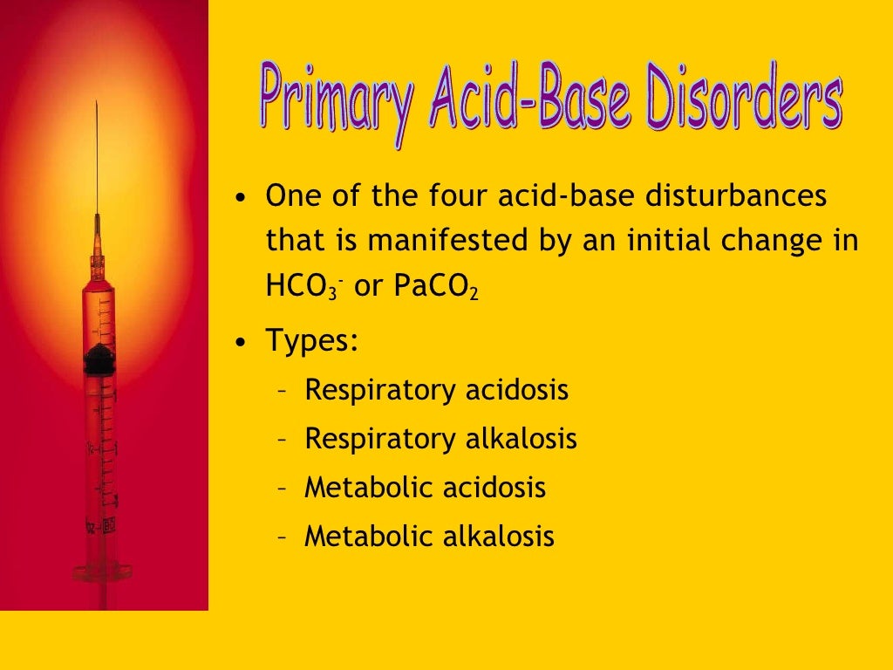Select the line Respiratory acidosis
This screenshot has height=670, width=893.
click(436, 390)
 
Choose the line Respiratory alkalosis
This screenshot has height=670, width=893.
click(440, 439)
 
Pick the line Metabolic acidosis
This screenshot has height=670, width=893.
click(425, 488)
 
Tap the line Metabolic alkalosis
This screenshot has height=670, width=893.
click(429, 537)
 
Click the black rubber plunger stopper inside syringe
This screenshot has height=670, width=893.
click(99, 359)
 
